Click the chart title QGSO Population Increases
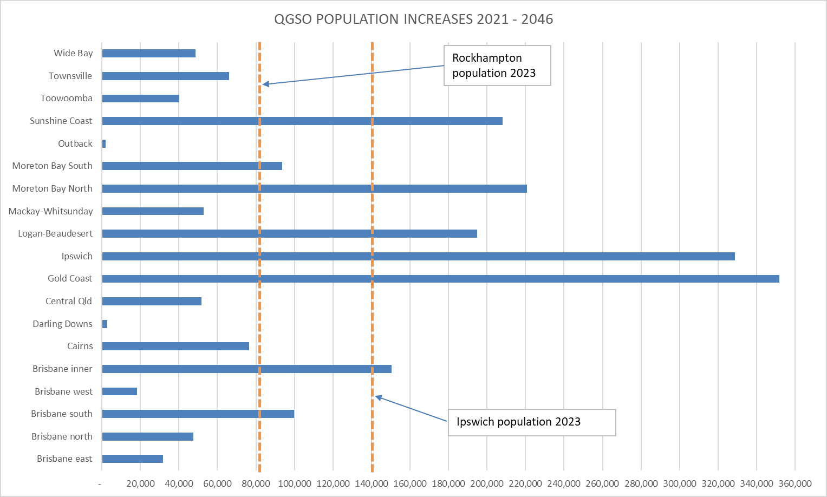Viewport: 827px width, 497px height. pos(413,19)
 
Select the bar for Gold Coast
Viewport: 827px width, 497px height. pos(440,279)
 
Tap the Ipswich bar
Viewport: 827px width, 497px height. pos(418,256)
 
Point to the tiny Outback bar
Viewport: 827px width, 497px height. pos(104,143)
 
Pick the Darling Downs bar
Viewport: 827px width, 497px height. pos(105,324)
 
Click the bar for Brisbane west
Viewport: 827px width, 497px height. pos(120,391)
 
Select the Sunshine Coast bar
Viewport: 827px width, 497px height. pos(302,121)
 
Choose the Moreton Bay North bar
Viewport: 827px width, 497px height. pos(314,188)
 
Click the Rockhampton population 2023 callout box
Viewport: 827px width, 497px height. pos(497,66)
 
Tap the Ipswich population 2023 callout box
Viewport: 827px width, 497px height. pos(532,422)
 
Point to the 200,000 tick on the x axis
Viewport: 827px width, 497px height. pos(486,483)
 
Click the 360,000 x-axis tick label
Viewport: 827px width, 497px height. pos(795,483)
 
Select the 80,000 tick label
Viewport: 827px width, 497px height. pos(256,483)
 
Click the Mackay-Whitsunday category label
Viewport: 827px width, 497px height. pos(50,211)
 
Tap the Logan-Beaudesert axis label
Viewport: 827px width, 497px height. pos(55,233)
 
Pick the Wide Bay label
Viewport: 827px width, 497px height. pos(73,53)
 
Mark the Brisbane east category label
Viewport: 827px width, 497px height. pos(64,459)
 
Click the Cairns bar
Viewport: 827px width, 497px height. pos(175,346)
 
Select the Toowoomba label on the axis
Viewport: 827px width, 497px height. pos(66,98)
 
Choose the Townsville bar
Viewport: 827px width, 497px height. pos(165,76)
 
